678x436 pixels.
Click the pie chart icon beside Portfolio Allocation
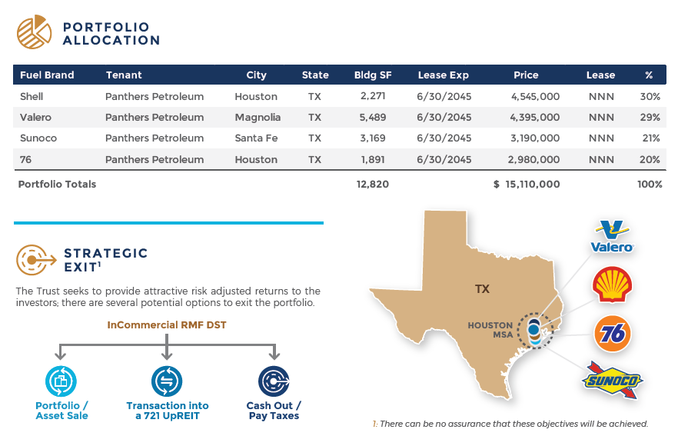point(34,32)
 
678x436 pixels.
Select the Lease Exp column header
point(444,75)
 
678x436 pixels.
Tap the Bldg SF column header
point(373,75)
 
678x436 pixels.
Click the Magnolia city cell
point(258,117)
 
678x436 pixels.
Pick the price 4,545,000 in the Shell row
point(535,96)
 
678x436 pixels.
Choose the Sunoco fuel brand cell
point(38,138)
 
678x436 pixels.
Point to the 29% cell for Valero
point(650,117)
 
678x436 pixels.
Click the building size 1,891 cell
point(373,160)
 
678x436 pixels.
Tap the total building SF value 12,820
point(373,185)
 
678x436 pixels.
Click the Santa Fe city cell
point(256,138)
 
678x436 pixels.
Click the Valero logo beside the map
point(612,237)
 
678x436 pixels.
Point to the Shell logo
point(612,285)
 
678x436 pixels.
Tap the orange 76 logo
point(612,334)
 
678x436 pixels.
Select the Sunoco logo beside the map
point(613,380)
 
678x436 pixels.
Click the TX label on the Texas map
point(482,289)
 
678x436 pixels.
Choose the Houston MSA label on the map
point(490,330)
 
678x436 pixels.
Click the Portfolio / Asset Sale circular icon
point(61,381)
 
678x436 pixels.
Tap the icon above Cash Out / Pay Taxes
point(274,381)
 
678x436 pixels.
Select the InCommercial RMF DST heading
point(167,325)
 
